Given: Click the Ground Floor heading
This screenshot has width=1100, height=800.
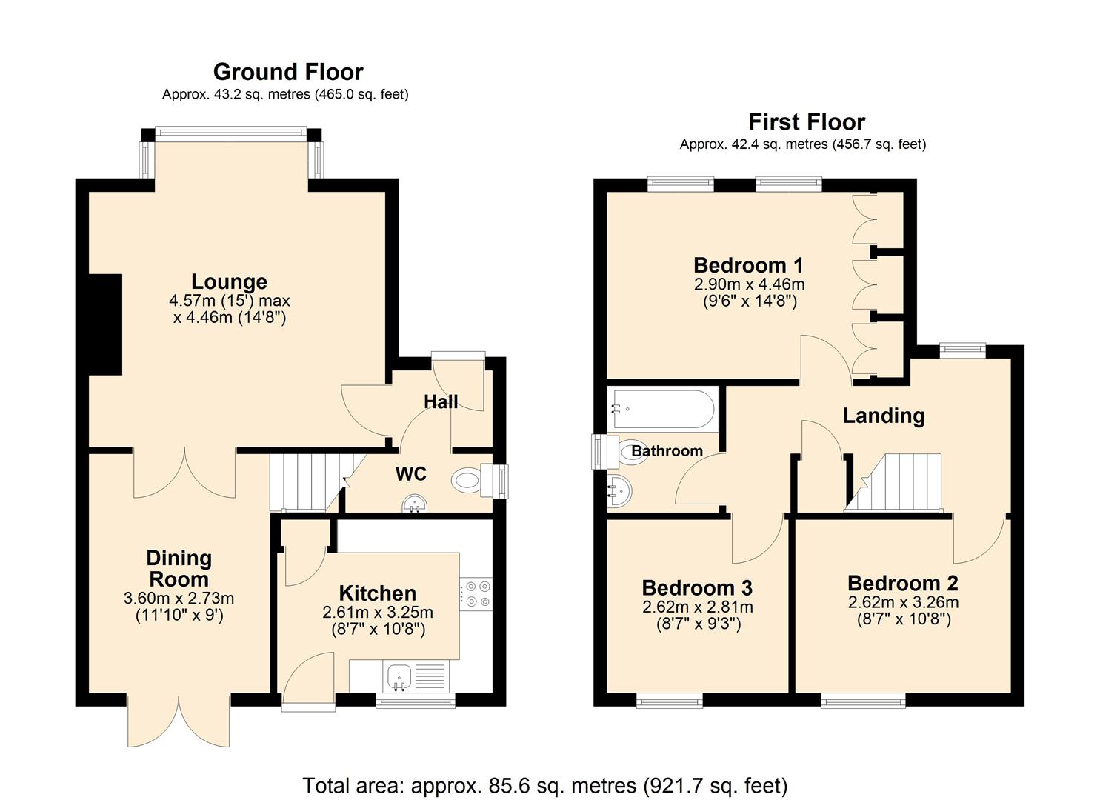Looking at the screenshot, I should pyautogui.click(x=288, y=72).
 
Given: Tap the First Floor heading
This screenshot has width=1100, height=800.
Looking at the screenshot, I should pyautogui.click(x=806, y=121).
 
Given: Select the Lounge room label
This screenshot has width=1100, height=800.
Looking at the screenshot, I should pyautogui.click(x=229, y=281).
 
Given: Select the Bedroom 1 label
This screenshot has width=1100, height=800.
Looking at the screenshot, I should pyautogui.click(x=748, y=265).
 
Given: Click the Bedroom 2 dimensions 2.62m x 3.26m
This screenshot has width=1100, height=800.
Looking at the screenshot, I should pyautogui.click(x=903, y=602).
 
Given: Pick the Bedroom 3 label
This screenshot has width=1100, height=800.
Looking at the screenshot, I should pyautogui.click(x=697, y=587).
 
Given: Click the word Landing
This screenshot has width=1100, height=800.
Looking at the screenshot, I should pyautogui.click(x=884, y=416).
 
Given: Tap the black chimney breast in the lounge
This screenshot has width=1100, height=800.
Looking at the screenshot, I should pyautogui.click(x=105, y=324).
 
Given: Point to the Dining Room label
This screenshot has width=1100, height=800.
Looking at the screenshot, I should pyautogui.click(x=179, y=568).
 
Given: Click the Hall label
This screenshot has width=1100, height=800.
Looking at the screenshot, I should pyautogui.click(x=441, y=401).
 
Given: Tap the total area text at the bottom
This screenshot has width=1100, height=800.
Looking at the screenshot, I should pyautogui.click(x=544, y=784).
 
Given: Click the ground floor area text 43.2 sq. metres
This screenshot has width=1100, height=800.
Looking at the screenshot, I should pyautogui.click(x=285, y=94).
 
